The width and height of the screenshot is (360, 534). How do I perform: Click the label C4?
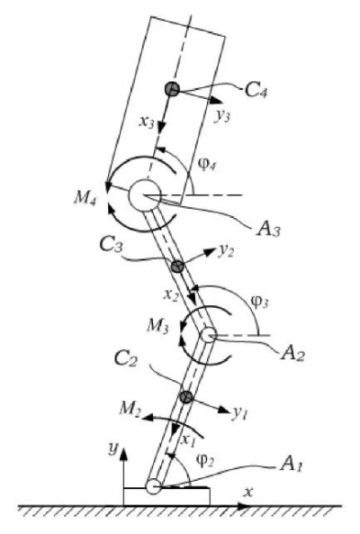pos(256,91)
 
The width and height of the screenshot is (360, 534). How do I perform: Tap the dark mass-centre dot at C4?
pos(172,89)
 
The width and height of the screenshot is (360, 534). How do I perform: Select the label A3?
pos(268,230)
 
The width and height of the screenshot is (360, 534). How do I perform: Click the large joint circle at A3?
pos(144,195)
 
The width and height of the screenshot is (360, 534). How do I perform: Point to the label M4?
pos(85,197)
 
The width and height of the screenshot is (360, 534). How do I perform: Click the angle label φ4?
pos(207,166)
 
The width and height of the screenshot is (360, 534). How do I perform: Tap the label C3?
pos(112,245)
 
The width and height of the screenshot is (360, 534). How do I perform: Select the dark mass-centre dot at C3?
pos(177,267)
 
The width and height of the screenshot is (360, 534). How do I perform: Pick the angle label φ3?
pos(259,302)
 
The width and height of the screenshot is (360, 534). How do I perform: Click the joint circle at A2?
pos(208,335)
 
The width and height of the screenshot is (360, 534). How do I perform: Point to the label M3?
pos(157,326)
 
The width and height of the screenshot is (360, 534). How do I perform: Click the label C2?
pos(126,359)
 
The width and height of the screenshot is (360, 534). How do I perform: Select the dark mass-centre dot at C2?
pos(186,397)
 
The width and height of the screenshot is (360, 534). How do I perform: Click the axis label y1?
pos(240,413)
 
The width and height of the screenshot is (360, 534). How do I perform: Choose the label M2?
pos(130,409)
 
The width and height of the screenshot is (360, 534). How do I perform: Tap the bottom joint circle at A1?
pos(153,486)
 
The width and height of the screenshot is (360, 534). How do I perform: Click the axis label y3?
pos(223,117)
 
